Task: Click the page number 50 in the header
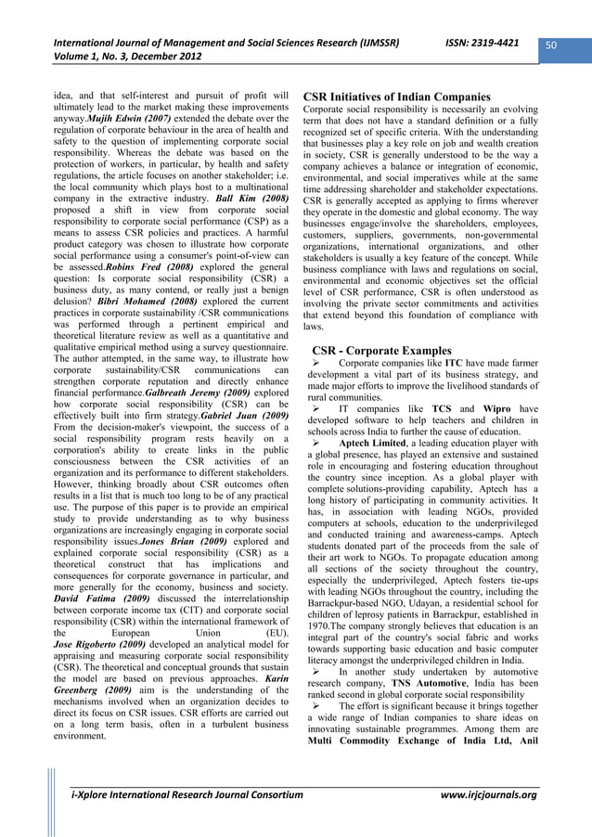click(x=563, y=44)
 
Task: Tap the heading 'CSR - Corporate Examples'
click(x=382, y=350)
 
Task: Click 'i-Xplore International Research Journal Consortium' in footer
click(x=187, y=796)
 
